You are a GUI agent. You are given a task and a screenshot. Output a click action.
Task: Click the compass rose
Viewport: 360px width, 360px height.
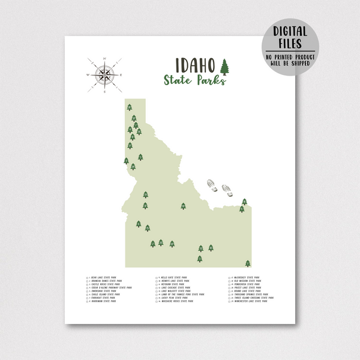(x=104, y=75)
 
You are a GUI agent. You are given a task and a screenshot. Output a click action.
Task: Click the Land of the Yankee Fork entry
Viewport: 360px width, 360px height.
(x=178, y=294)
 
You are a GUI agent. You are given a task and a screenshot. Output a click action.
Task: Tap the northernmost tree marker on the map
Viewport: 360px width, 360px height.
(x=129, y=107)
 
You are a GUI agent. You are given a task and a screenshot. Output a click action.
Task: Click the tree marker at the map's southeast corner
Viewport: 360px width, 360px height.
(x=248, y=263)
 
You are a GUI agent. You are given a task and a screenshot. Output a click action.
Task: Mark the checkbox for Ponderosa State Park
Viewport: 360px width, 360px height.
(x=230, y=284)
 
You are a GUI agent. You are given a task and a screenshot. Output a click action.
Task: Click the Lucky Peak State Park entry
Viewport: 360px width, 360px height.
(x=175, y=298)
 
